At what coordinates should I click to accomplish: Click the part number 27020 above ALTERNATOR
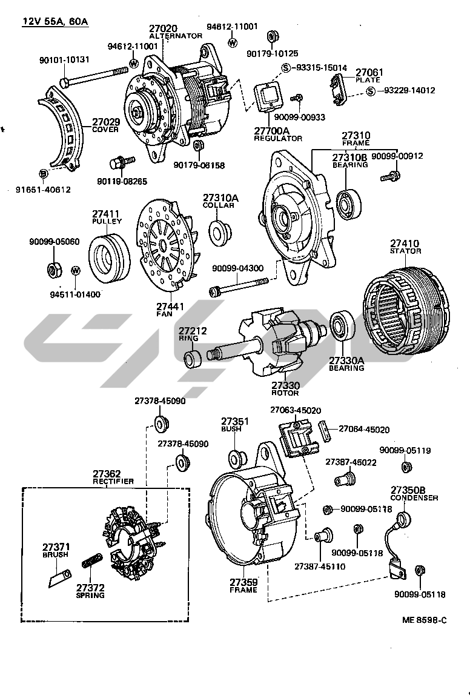(162, 28)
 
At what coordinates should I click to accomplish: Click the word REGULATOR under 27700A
(278, 139)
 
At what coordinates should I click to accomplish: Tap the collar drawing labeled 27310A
(220, 231)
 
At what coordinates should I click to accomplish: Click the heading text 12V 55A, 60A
(55, 22)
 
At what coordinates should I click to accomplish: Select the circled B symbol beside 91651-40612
(43, 174)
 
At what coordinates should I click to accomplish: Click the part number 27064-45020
(363, 429)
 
